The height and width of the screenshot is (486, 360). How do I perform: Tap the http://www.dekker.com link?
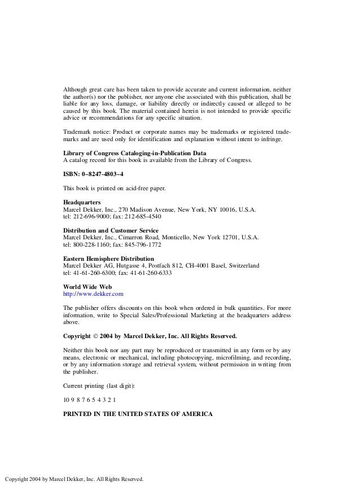coord(93,294)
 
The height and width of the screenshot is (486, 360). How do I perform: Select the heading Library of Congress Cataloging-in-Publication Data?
coord(134,153)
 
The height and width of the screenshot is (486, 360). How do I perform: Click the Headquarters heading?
coord(81,202)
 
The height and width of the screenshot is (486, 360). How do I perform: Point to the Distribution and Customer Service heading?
coord(111,230)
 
